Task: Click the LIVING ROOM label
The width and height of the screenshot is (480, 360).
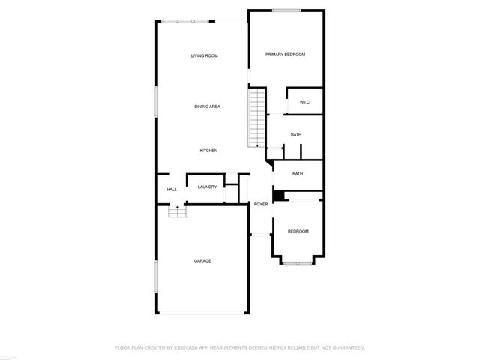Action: point(204,56)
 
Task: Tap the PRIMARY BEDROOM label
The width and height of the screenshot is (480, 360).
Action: point(286,55)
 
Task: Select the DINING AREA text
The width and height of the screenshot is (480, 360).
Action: point(207,107)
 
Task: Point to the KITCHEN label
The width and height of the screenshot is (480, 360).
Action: point(208,151)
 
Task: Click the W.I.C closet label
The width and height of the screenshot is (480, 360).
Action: point(304,102)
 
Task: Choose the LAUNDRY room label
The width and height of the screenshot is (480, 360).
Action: point(208,187)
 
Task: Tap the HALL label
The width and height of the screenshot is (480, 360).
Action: point(172,190)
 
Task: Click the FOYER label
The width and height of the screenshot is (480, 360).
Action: point(261,204)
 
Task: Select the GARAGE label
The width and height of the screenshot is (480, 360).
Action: point(202,260)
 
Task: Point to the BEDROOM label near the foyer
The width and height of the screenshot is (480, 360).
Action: point(298,232)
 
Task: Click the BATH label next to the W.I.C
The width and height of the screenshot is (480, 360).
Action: point(296,135)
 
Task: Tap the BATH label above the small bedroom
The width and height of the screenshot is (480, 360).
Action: point(298,174)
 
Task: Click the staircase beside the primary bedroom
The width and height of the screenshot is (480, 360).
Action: point(257,117)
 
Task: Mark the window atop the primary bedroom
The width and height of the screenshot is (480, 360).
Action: point(286,10)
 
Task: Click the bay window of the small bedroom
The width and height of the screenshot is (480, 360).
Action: point(298,263)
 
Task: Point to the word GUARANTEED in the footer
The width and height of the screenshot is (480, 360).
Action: point(344,347)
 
